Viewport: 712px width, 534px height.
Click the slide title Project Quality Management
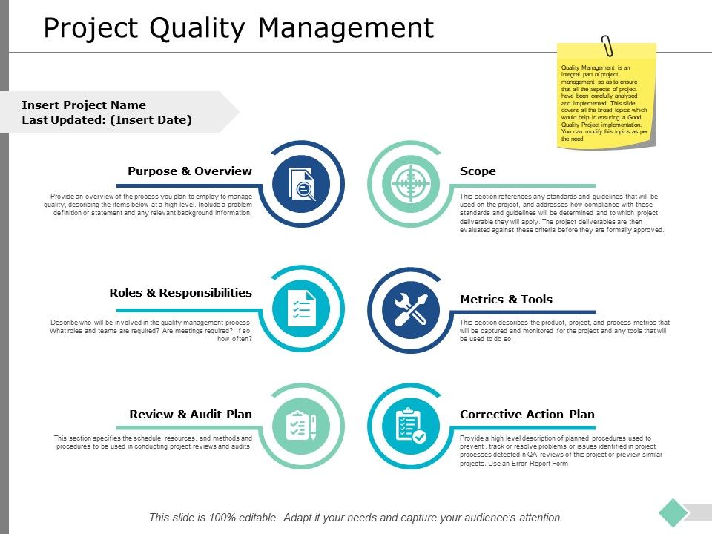[x=238, y=28]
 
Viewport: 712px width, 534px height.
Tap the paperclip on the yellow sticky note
[x=607, y=45]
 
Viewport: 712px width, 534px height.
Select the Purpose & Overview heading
[x=189, y=171]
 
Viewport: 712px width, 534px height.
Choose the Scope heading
[x=478, y=171]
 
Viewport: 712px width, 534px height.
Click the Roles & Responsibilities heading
[x=180, y=293]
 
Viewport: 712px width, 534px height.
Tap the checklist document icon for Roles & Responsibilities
[x=301, y=309]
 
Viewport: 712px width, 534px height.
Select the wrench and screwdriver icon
[x=411, y=309]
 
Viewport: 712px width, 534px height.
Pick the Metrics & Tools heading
[x=506, y=300]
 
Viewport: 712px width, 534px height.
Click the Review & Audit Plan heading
[x=191, y=415]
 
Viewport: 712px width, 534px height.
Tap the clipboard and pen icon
[x=301, y=426]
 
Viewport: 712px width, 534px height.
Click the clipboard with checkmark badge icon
[x=411, y=426]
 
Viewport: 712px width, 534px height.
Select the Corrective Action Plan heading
[x=527, y=415]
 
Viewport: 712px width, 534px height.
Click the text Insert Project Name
[x=84, y=105]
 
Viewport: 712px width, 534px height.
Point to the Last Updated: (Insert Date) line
[x=107, y=120]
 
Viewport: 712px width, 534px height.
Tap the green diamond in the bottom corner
[x=673, y=512]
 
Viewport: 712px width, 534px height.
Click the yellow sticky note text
[x=606, y=103]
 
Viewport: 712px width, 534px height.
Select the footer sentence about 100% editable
[x=356, y=518]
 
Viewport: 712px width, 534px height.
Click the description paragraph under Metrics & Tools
[x=564, y=331]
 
